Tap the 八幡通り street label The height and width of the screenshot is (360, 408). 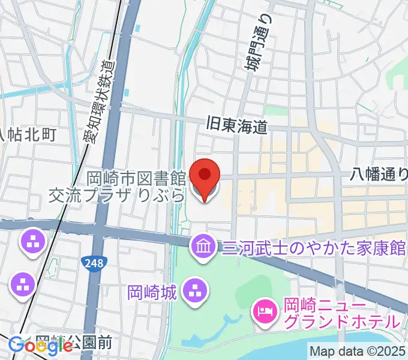click(378, 175)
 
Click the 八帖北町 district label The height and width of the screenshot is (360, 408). click(29, 135)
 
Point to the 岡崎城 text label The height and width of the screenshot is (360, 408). click(152, 293)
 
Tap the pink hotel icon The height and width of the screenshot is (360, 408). click(264, 310)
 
